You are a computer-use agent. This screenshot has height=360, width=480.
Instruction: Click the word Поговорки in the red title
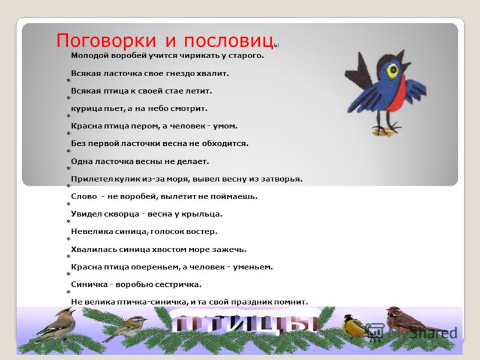[x=106, y=41]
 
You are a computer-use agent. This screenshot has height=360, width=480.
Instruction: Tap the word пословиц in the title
[x=229, y=41]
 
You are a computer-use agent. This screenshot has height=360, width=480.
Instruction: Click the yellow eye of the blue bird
[x=392, y=71]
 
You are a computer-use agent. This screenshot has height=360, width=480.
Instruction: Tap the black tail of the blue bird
[x=358, y=72]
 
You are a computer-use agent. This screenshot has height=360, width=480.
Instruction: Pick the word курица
[x=85, y=109]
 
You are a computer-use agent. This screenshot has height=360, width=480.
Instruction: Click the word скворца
[x=122, y=214]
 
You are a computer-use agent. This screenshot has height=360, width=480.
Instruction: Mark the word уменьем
[x=253, y=267]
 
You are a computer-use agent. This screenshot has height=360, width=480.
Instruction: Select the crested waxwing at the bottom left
[x=55, y=325]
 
